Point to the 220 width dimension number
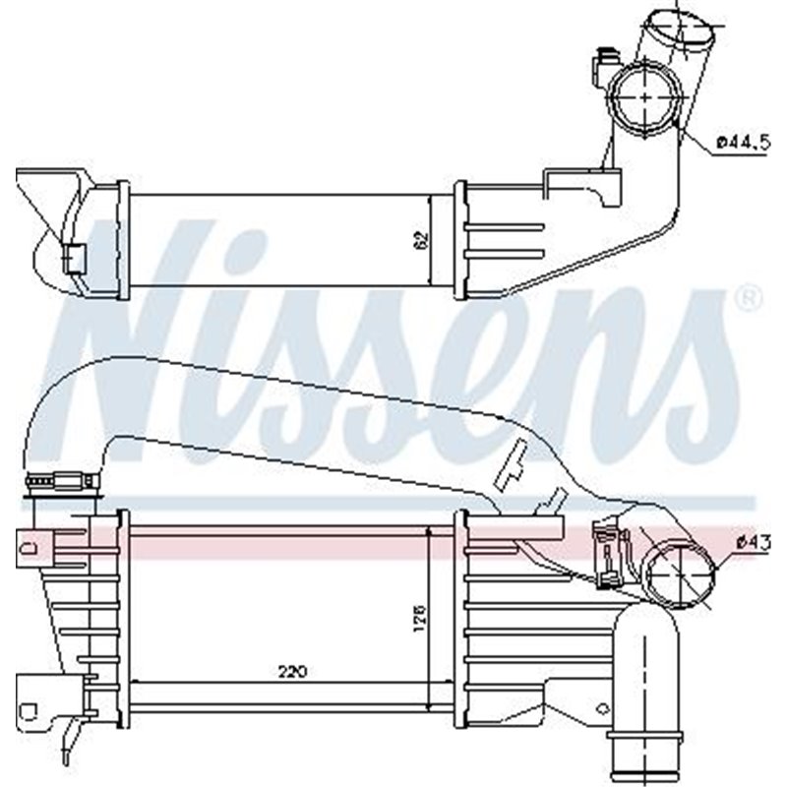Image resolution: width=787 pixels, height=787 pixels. tap(291, 673)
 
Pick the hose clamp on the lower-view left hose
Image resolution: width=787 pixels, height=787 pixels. tap(64, 482)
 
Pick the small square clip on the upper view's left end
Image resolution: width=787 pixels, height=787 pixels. tap(74, 258)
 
